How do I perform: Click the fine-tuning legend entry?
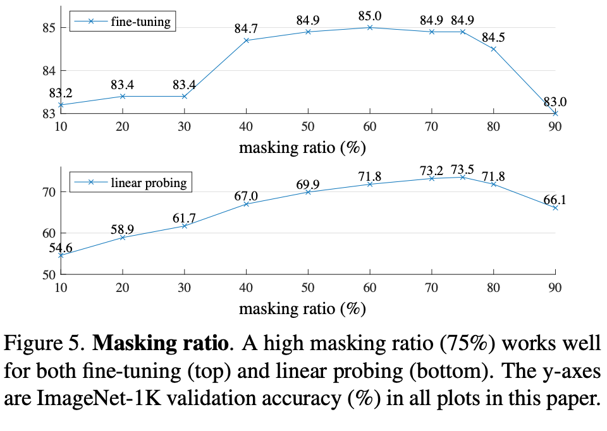tap(120, 21)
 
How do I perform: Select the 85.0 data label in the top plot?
tap(370, 14)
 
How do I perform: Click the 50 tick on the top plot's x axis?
tap(308, 126)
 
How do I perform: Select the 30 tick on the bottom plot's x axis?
tap(184, 288)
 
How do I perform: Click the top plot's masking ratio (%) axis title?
tap(303, 148)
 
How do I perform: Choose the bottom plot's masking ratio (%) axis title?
tap(303, 309)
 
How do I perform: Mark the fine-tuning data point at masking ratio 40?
tap(246, 40)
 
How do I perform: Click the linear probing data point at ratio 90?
tap(555, 207)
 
